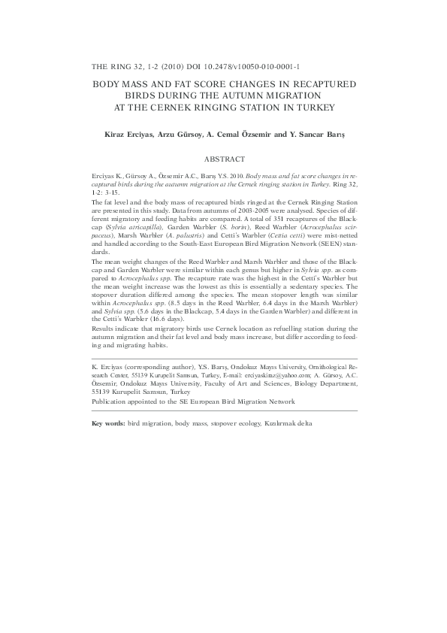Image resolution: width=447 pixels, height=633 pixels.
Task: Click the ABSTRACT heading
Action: (225, 159)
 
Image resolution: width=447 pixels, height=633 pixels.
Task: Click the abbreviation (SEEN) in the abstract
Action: (322, 243)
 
